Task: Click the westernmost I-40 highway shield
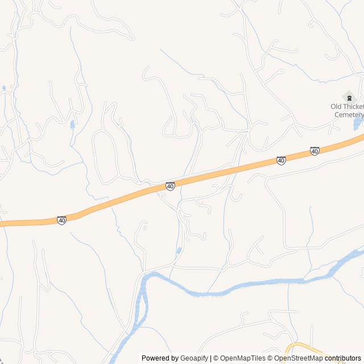[x=61, y=220]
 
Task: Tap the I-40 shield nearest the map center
[x=170, y=186]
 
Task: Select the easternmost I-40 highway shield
[x=315, y=151]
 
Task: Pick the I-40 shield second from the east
[x=281, y=161]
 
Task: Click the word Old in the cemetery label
[x=337, y=106]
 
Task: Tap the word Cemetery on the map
[x=348, y=114]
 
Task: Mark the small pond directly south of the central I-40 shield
[x=179, y=250]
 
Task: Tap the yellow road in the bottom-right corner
[x=301, y=348]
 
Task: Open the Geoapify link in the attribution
[x=194, y=358]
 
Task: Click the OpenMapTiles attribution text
[x=242, y=358]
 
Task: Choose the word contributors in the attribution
[x=342, y=358]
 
